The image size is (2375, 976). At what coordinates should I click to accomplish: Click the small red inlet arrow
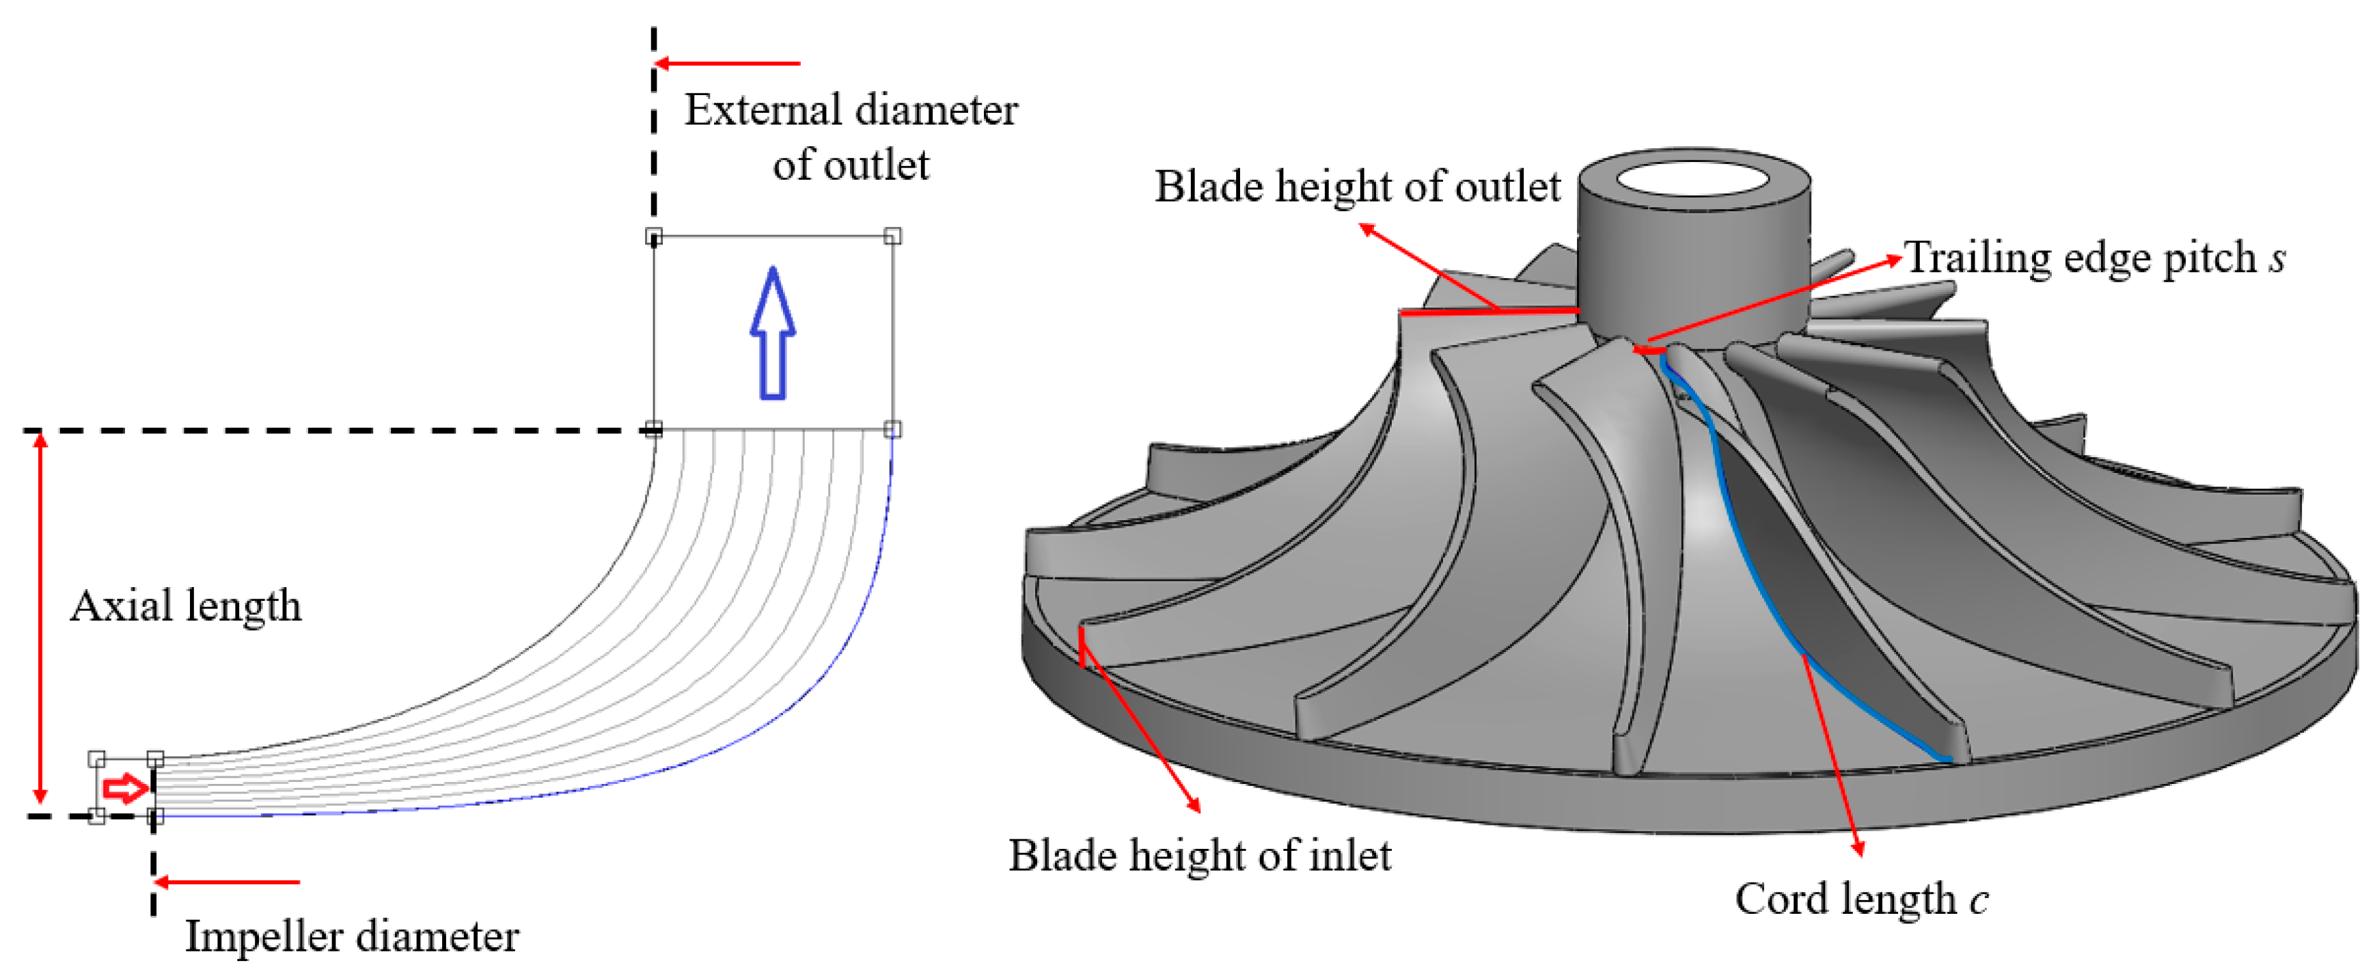tap(124, 788)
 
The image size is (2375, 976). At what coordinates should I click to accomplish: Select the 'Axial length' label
tap(187, 606)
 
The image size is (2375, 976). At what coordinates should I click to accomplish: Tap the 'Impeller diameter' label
tap(352, 936)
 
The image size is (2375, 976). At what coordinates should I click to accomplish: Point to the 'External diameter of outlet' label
tap(850, 137)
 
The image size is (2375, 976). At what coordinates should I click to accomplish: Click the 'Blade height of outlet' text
tap(1357, 187)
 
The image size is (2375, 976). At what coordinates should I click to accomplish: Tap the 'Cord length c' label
tap(1861, 899)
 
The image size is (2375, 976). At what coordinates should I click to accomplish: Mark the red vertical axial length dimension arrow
tap(40, 618)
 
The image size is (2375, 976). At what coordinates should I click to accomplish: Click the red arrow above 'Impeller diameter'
tap(227, 882)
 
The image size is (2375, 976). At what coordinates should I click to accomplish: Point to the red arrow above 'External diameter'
tap(728, 64)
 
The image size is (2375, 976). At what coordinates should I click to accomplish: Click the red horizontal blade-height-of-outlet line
tap(1489, 312)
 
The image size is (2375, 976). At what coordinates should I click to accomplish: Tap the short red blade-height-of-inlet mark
tap(1082, 647)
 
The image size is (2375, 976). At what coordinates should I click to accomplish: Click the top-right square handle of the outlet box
tap(892, 236)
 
